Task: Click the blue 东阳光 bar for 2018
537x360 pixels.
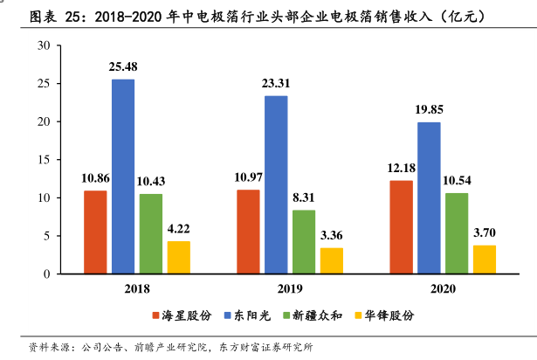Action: [x=122, y=177]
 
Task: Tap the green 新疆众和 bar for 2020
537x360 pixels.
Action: [x=456, y=233]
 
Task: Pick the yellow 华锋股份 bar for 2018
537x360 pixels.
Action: [x=178, y=257]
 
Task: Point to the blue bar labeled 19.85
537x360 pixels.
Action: [x=429, y=197]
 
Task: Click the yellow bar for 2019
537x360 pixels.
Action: [x=331, y=260]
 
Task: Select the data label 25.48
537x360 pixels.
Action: [x=122, y=66]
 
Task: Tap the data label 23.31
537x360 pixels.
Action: [x=276, y=83]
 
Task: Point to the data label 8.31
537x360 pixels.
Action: [x=304, y=197]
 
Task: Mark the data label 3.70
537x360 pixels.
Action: [x=484, y=232]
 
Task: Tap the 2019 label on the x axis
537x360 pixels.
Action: [x=290, y=288]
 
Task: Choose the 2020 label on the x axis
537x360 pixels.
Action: [x=443, y=288]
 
